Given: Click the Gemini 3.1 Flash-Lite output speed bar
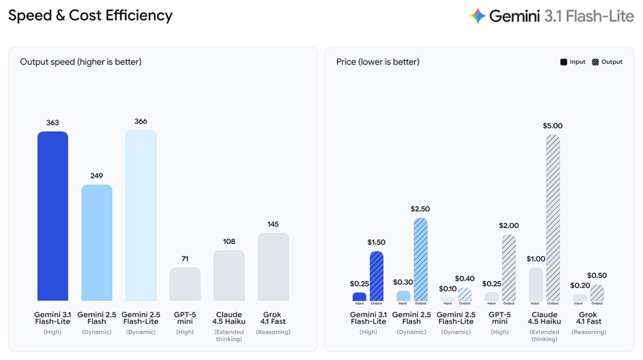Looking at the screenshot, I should [x=53, y=216].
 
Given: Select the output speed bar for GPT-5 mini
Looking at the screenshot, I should [x=185, y=284].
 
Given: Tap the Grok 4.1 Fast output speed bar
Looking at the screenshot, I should [x=273, y=267].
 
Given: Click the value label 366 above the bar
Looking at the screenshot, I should [x=140, y=121].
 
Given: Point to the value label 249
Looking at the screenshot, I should [x=97, y=176].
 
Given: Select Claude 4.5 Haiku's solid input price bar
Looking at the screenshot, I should [x=536, y=284].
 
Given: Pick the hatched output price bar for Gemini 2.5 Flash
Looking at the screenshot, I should [x=420, y=259].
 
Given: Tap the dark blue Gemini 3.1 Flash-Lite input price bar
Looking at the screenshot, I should [x=359, y=296].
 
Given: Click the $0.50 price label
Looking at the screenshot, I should [x=597, y=275].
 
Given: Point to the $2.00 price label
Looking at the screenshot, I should [x=509, y=226].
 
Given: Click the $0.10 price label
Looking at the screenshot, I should [x=447, y=289].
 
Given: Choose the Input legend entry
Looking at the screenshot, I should [x=573, y=62].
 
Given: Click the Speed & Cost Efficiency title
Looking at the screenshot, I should [x=90, y=16].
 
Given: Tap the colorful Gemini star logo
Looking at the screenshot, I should [x=477, y=16].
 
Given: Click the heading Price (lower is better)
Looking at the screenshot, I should [x=378, y=62].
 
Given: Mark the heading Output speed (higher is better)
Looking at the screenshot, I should [x=80, y=62].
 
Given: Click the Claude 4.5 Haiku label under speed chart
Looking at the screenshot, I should [x=229, y=318].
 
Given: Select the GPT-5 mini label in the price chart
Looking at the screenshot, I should [x=500, y=318].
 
